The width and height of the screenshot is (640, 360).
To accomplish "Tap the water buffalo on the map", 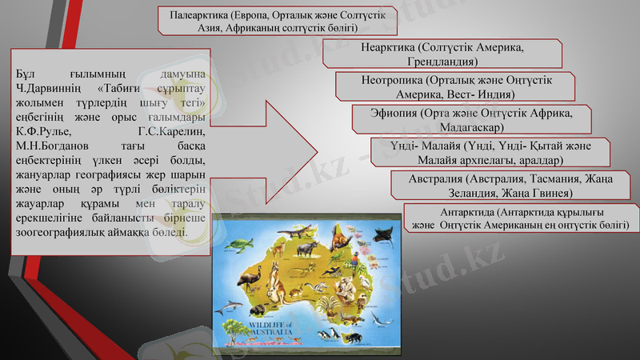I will coord(306,250).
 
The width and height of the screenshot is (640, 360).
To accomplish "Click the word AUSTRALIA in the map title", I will coord(271,331).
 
